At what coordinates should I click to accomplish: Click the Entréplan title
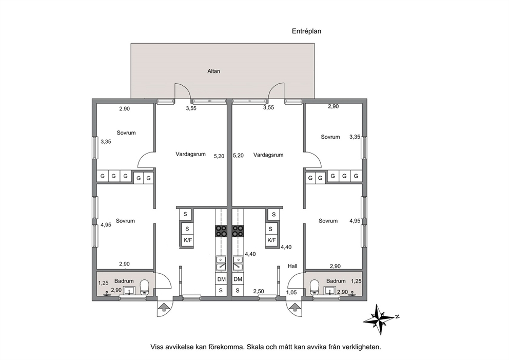tap(306, 31)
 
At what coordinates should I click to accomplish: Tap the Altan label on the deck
tap(213, 71)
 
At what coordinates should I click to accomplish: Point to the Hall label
tap(292, 266)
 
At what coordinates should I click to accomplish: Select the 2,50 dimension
tap(259, 291)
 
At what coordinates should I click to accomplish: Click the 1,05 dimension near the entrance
tap(291, 292)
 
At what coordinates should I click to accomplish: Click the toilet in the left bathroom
tap(144, 288)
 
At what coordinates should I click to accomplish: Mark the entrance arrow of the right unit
tap(295, 307)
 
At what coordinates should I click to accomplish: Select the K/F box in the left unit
tap(188, 240)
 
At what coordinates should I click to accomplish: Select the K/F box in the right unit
tap(271, 240)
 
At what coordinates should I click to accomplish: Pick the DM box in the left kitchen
tap(221, 279)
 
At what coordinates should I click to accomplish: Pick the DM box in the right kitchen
tap(238, 279)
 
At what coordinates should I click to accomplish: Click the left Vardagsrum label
tap(190, 155)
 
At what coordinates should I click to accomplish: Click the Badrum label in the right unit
tap(336, 281)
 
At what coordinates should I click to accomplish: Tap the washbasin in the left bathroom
tap(130, 291)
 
